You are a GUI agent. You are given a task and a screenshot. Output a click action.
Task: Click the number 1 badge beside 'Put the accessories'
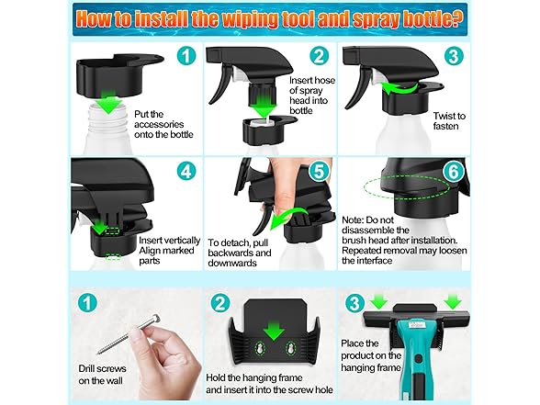(186, 55)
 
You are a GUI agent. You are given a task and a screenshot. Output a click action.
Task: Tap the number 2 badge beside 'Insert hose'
(320, 55)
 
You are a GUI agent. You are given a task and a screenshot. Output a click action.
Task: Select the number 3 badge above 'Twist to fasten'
(454, 55)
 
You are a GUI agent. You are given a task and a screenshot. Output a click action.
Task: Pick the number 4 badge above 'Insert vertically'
(186, 171)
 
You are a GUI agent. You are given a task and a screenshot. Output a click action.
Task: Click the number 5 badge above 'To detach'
(320, 171)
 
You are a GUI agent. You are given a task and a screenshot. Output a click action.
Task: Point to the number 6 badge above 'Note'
(454, 171)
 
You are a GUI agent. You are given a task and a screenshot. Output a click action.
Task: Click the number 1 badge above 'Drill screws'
(87, 303)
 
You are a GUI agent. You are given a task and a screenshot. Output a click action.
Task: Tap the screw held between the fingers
(129, 333)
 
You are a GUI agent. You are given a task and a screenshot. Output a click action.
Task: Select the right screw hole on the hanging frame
(290, 349)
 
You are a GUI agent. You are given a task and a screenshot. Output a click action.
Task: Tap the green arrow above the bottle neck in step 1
(108, 101)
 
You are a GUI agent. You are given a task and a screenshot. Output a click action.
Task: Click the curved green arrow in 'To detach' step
(286, 218)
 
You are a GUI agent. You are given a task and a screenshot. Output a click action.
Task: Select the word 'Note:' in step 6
(353, 219)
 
